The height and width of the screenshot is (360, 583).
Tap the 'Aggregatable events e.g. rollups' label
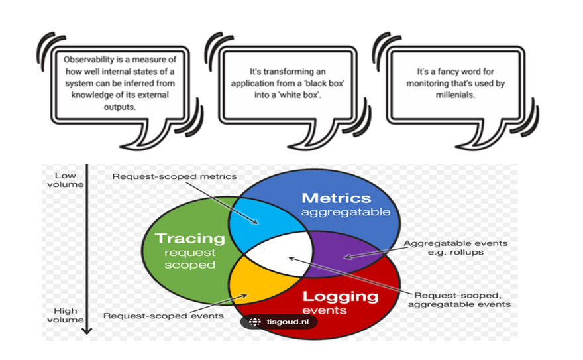coord(456,247)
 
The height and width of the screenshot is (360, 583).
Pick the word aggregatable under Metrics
coord(341,212)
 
